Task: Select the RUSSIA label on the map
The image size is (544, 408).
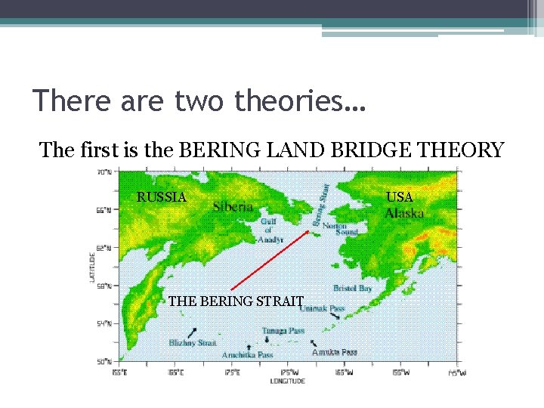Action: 161,197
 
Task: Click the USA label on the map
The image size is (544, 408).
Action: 400,197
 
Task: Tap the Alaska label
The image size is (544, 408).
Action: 404,213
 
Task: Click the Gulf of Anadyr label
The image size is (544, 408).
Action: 271,230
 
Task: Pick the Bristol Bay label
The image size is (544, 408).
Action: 352,289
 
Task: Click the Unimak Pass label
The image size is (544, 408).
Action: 324,308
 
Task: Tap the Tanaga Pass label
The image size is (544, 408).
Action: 283,330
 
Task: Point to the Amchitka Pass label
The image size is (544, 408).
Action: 247,354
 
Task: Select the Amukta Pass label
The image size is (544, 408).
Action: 335,352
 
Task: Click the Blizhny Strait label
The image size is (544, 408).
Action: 193,343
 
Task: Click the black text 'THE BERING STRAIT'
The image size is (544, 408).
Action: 236,301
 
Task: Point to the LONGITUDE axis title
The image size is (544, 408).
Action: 288,382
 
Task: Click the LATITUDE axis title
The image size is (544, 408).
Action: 92,268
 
